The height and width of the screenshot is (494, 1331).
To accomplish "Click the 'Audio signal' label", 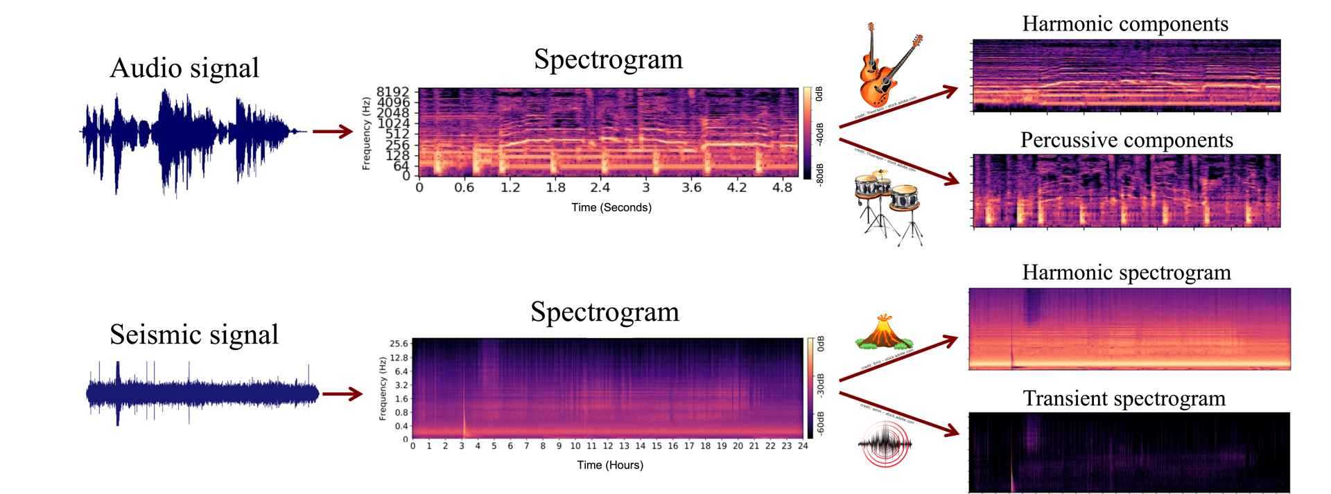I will pyautogui.click(x=184, y=68).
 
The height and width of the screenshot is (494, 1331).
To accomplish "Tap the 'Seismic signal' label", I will pyautogui.click(x=194, y=335).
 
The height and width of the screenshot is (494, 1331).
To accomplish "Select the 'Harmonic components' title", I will pyautogui.click(x=1124, y=24).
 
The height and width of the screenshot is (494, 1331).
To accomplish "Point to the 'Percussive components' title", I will pyautogui.click(x=1126, y=140).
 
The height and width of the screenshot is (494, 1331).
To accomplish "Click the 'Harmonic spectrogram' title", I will pyautogui.click(x=1126, y=272).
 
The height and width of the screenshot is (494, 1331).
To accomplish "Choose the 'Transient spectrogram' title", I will pyautogui.click(x=1124, y=398).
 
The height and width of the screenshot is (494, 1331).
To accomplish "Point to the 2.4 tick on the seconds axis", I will pyautogui.click(x=600, y=188).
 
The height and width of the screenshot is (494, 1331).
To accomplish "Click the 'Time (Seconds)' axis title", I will pyautogui.click(x=611, y=207).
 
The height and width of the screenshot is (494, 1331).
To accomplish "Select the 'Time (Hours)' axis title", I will pyautogui.click(x=610, y=465).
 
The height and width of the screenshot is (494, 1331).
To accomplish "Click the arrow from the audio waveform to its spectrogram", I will pyautogui.click(x=332, y=131).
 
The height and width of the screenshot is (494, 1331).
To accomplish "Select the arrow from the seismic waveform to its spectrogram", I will pyautogui.click(x=342, y=394).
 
